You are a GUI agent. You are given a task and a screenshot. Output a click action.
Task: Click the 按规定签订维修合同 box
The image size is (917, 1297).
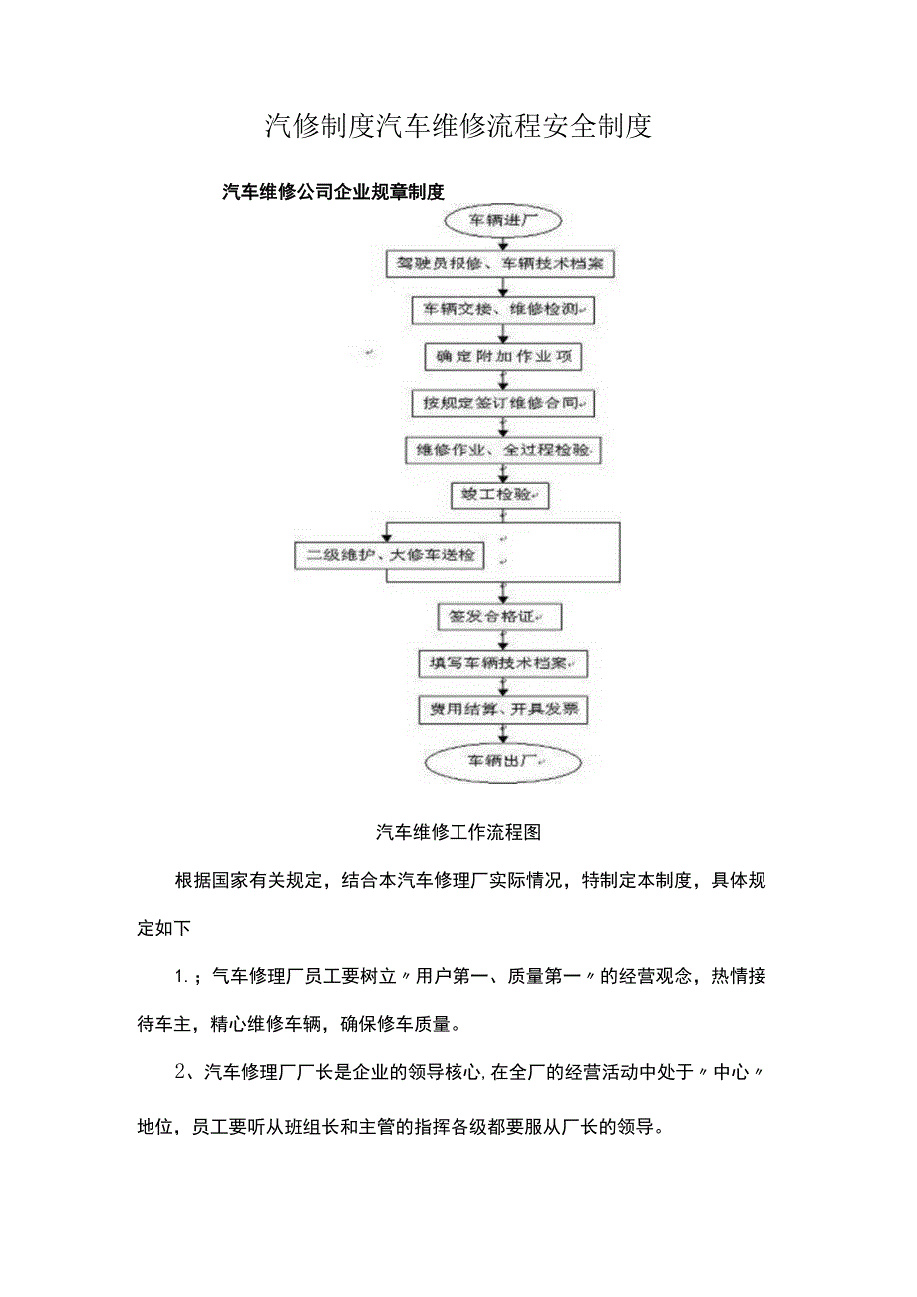[x=503, y=403]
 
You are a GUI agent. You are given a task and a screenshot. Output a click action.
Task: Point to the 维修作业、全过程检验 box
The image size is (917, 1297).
[x=503, y=450]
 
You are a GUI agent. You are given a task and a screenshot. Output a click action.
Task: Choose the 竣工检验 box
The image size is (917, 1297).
[x=501, y=494]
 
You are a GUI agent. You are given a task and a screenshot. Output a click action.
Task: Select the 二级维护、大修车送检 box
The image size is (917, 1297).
[x=390, y=555]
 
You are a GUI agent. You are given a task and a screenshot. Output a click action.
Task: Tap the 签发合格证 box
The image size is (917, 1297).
[x=499, y=617]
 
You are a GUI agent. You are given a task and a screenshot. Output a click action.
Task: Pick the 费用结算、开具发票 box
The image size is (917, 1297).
[x=502, y=709]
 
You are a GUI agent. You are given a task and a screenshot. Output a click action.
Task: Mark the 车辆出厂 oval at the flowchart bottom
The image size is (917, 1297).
[x=503, y=763]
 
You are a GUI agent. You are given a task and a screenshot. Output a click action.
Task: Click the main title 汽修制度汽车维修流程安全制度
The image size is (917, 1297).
[x=458, y=126]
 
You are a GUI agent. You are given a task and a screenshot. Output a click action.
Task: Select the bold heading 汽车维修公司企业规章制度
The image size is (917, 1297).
[x=333, y=191]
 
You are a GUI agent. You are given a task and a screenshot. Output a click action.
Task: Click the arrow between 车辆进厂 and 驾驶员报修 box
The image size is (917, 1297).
[x=504, y=243]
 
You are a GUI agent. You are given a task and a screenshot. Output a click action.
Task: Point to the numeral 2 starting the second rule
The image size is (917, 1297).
[x=181, y=1073]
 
